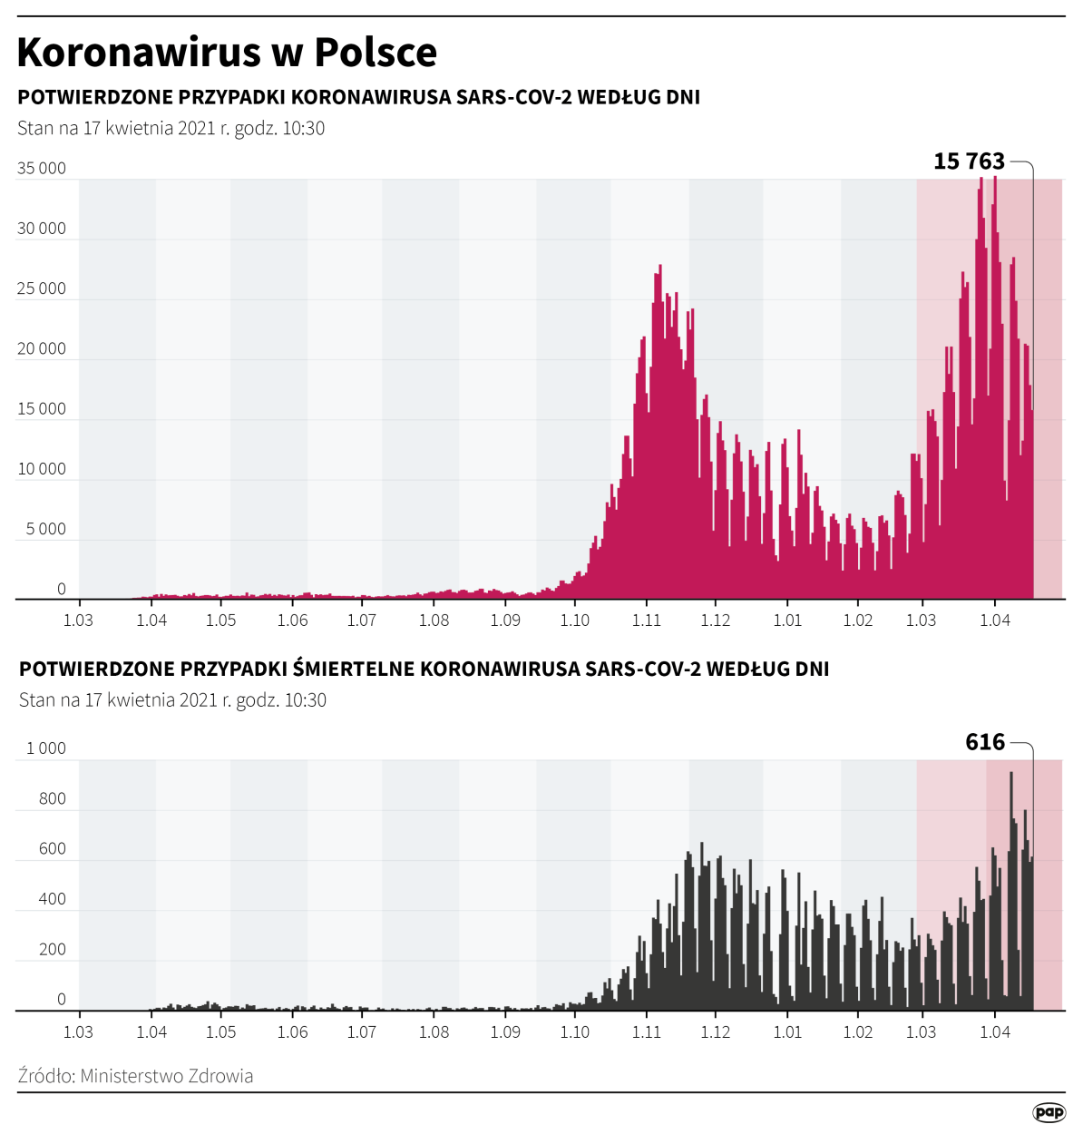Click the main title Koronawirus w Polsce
tap(227, 53)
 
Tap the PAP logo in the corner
tap(1049, 1112)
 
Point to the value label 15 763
tap(969, 161)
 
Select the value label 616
tap(985, 742)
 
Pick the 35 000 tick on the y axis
tap(42, 169)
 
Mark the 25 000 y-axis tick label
tap(42, 289)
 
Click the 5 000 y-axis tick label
tap(45, 530)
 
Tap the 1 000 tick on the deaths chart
tap(45, 748)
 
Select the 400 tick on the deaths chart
tap(53, 899)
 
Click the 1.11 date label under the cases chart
tap(647, 621)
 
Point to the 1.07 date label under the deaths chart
tap(361, 1032)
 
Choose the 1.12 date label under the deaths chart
tap(716, 1032)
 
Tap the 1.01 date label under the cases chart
tap(787, 621)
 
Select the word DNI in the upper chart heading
tap(683, 97)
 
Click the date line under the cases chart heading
tap(171, 128)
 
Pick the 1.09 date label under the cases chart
tap(505, 621)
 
